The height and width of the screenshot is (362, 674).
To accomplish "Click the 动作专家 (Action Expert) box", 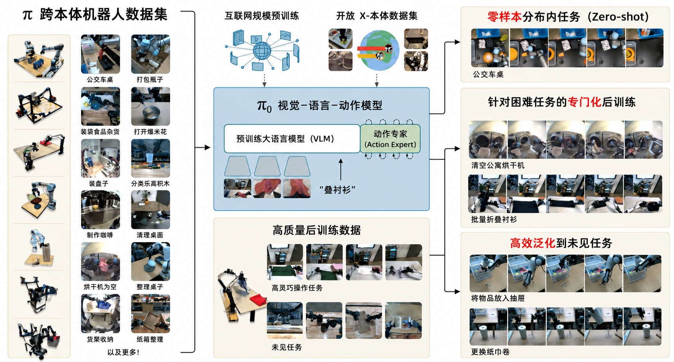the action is pyautogui.click(x=390, y=139).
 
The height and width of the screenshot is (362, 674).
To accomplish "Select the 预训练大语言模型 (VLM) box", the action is pyautogui.click(x=292, y=139).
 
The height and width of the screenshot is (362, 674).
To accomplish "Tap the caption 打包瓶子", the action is pyautogui.click(x=150, y=80).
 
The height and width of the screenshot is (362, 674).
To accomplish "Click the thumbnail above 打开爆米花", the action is pyautogui.click(x=150, y=106).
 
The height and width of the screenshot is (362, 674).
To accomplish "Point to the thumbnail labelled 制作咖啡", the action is pyautogui.click(x=100, y=210).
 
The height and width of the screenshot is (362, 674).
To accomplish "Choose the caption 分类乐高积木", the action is pyautogui.click(x=150, y=184).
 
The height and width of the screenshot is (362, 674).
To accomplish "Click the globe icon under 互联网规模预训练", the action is pyautogui.click(x=262, y=50).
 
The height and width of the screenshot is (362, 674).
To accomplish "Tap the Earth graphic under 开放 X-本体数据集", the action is pyautogui.click(x=379, y=50).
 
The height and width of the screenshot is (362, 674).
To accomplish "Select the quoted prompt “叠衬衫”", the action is pyautogui.click(x=337, y=190).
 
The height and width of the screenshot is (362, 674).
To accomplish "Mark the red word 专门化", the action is pyautogui.click(x=584, y=102).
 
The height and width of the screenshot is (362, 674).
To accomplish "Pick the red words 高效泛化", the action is pyautogui.click(x=533, y=243).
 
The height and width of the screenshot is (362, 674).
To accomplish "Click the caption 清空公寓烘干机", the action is pyautogui.click(x=498, y=165).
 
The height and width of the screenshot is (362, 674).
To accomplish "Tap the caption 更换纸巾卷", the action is pyautogui.click(x=490, y=352).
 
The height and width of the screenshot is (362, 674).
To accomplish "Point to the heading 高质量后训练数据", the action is pyautogui.click(x=317, y=230).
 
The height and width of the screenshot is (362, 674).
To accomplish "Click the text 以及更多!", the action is pyautogui.click(x=123, y=352).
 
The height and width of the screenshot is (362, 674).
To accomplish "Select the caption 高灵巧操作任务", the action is pyautogui.click(x=297, y=288).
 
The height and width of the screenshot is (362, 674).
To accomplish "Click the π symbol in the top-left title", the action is pyautogui.click(x=28, y=15).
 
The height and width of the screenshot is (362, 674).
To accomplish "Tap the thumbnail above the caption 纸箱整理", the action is pyautogui.click(x=150, y=314).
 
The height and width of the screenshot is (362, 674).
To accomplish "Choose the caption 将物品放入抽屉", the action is pyautogui.click(x=498, y=298).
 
